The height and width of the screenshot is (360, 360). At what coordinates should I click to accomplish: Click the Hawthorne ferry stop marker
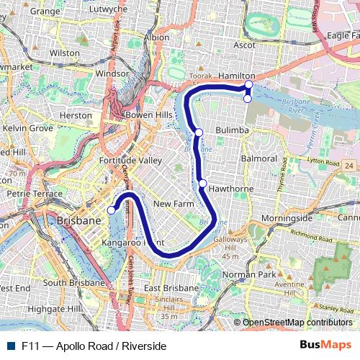coord(204,183)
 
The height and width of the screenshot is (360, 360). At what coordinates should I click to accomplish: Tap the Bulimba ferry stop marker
coord(199,132)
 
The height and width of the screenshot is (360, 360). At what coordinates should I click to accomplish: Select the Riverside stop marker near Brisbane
coord(112,210)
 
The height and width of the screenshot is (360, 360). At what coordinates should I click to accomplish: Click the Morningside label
coord(287,217)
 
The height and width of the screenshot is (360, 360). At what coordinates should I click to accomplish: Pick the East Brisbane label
coord(171,289)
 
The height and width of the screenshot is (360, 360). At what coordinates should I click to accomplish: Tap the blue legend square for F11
coord(12,346)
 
